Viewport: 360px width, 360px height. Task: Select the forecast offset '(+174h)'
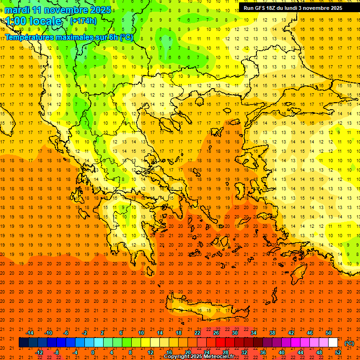[83, 21]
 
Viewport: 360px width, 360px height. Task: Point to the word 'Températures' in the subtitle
[28, 37]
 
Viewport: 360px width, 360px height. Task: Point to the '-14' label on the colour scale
[29, 333]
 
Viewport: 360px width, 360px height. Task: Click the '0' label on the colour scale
[93, 352]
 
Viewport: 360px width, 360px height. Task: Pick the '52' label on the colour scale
[338, 352]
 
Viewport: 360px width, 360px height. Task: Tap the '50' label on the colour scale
[329, 333]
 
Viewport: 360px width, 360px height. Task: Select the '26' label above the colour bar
[216, 333]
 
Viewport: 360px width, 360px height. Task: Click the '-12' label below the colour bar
[39, 352]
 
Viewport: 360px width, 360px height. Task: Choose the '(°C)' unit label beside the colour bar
[349, 343]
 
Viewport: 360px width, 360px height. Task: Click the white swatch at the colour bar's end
[333, 343]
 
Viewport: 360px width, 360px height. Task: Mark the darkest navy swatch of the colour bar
[23, 343]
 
